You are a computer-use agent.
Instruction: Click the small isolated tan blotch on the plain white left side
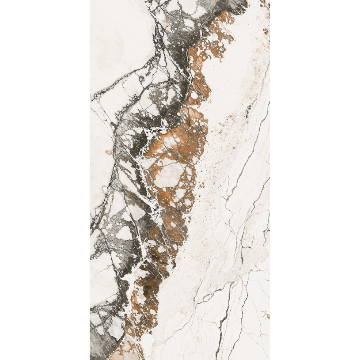[x=108, y=152]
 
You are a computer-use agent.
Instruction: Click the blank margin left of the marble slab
[x=44, y=177]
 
